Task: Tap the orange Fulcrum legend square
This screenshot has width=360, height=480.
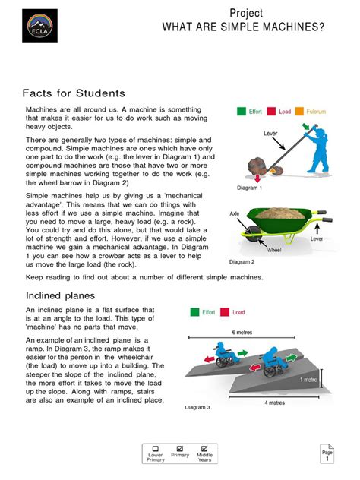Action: coord(301,111)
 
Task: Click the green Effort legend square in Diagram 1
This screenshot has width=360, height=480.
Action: coord(242,111)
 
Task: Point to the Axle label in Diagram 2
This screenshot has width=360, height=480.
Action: coord(235,214)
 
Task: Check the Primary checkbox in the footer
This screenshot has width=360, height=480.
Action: coord(180,448)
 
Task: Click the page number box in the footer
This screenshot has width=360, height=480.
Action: coord(327,455)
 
